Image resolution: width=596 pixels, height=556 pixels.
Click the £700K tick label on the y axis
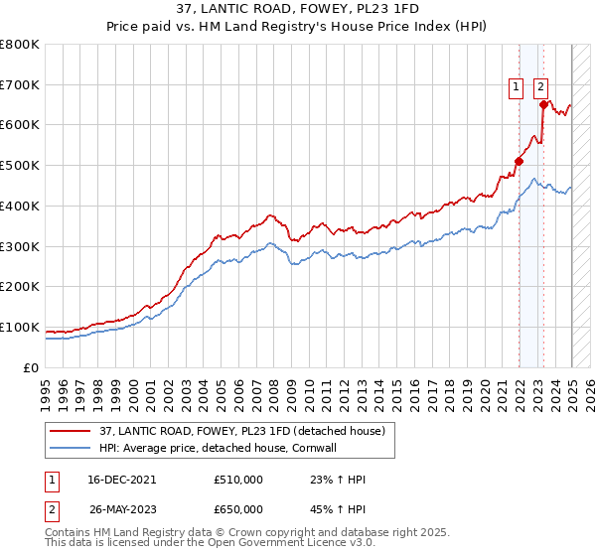(20, 85)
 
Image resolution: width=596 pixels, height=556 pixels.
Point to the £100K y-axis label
(20, 327)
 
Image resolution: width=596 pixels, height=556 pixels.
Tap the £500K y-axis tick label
(20, 166)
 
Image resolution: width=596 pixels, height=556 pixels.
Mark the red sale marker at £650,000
(543, 104)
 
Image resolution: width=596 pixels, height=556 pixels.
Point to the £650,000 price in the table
(238, 508)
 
